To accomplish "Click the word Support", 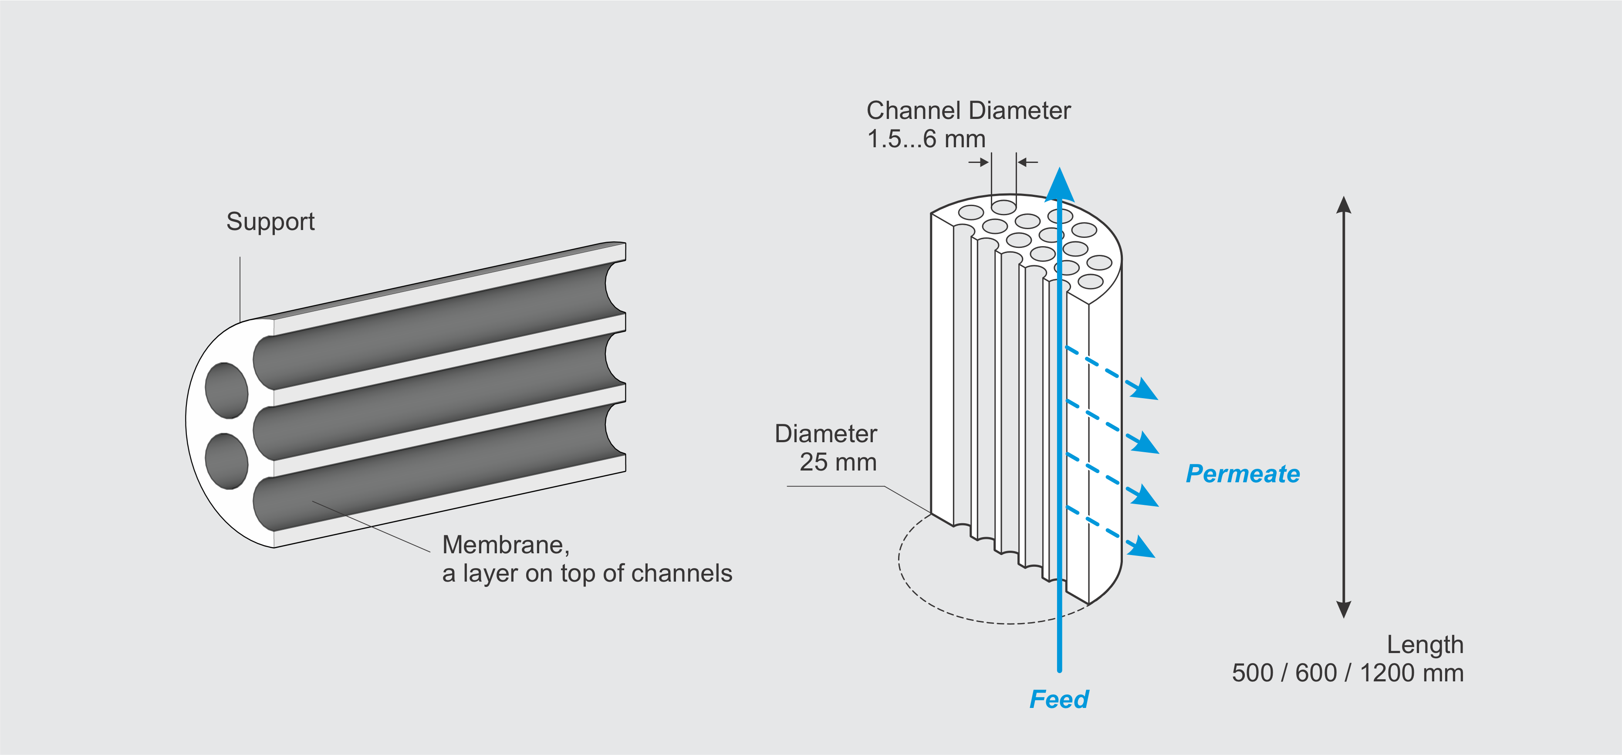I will click(270, 222).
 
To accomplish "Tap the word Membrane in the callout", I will click(505, 545).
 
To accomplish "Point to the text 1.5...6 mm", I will click(926, 139).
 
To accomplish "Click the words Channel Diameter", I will click(968, 111).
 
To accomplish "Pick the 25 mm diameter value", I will click(838, 462).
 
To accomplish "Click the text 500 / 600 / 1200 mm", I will click(1348, 673).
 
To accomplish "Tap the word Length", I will click(1425, 645).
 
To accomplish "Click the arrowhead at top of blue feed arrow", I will click(1060, 186).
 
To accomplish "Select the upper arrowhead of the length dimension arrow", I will click(1344, 205).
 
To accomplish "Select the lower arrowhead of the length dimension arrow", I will click(1344, 609).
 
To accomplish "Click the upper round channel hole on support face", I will click(226, 390).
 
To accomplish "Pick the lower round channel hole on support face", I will click(226, 461).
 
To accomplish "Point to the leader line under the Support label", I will click(240, 290).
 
